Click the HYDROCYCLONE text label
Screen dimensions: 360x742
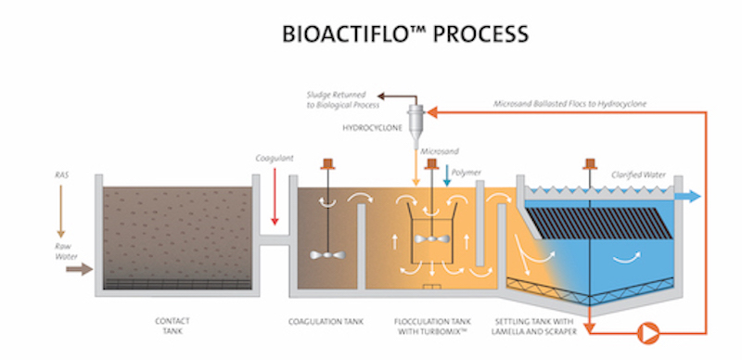coord(374,129)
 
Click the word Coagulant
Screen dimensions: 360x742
coord(275,160)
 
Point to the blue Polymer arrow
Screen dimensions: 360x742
coord(448,176)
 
